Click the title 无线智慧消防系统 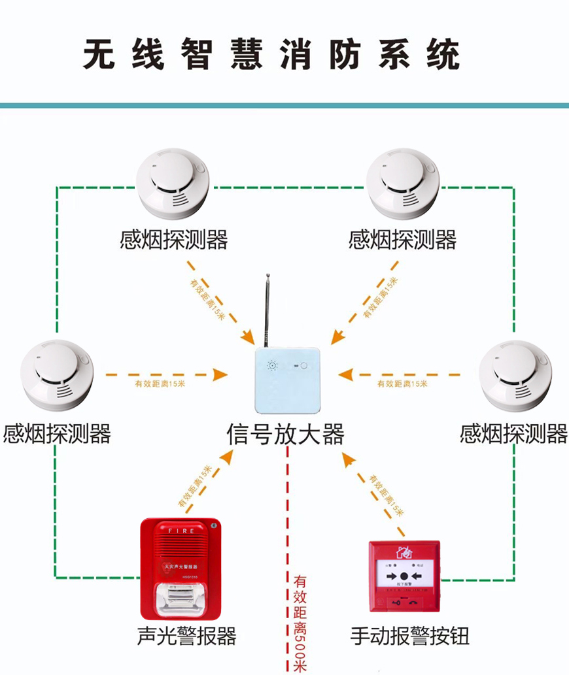click(x=271, y=55)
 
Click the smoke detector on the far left click(x=56, y=372)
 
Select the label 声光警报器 click(x=187, y=636)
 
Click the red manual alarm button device click(x=404, y=576)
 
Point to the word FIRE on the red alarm click(x=181, y=531)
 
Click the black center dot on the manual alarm click(x=404, y=576)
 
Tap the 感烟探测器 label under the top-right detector click(x=402, y=240)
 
